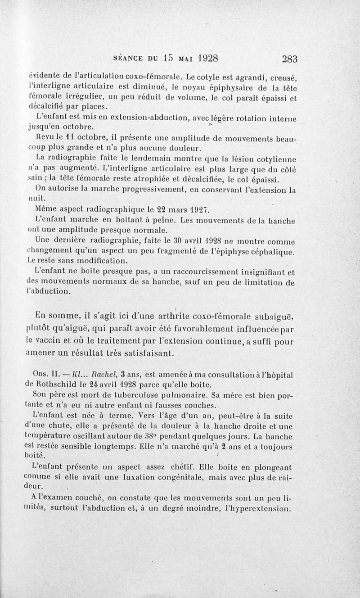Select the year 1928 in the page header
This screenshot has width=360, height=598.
[202, 58]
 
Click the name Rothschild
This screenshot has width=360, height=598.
[58, 384]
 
